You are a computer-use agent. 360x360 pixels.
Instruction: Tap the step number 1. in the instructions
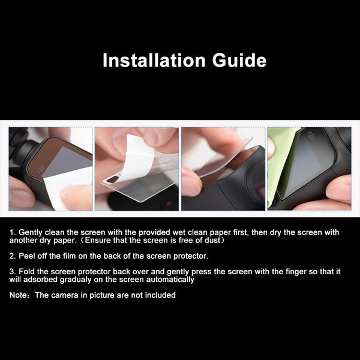pos(13,232)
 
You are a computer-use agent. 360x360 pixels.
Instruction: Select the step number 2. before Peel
pos(13,256)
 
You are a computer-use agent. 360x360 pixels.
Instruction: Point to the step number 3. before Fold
pos(13,272)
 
